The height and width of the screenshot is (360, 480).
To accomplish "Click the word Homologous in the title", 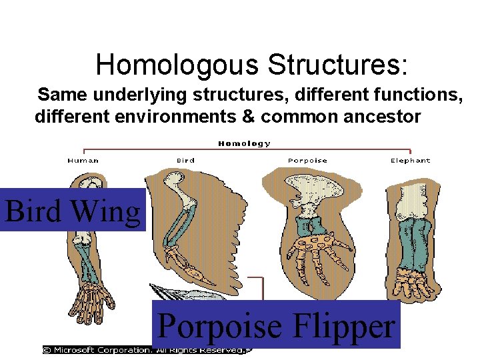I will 177,65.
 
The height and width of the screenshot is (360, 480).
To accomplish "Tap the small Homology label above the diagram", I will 245,143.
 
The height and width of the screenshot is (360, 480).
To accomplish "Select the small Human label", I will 83,160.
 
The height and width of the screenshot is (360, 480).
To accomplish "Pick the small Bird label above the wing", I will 185,160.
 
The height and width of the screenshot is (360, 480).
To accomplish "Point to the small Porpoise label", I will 307,160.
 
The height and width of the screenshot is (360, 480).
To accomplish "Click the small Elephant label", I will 410,160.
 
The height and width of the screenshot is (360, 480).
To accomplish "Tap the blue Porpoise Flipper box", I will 276,325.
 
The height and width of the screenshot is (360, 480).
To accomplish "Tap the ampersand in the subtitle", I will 248,117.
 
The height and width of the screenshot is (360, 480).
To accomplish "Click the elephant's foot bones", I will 413,284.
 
